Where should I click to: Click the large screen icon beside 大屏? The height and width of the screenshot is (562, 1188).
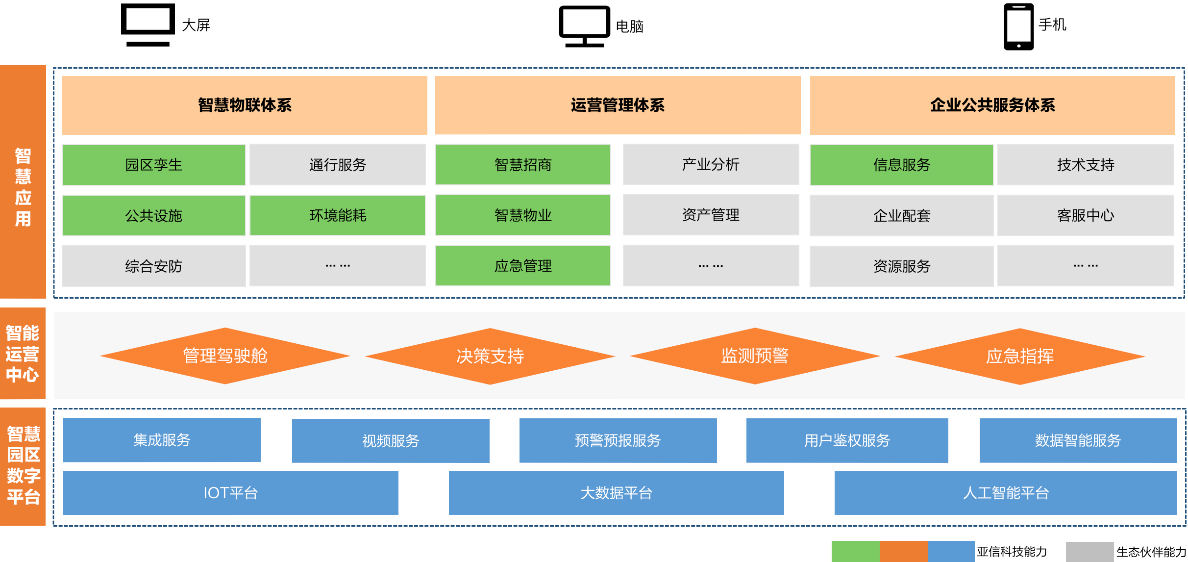click(148, 25)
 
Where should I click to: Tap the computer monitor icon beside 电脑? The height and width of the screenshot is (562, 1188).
click(584, 26)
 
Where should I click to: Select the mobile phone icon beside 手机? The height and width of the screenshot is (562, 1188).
click(1018, 26)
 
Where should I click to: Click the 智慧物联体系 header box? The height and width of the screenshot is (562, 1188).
click(245, 105)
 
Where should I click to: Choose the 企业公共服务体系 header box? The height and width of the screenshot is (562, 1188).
click(992, 105)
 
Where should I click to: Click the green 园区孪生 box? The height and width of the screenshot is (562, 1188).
click(153, 165)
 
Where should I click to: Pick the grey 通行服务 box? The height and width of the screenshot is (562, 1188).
click(338, 165)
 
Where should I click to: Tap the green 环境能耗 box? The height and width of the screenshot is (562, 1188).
click(338, 215)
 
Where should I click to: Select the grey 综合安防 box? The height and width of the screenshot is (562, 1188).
click(153, 266)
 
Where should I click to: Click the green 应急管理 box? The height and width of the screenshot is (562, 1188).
click(523, 266)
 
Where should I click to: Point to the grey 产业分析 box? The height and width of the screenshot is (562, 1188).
click(711, 164)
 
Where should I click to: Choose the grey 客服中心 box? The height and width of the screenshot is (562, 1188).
click(1086, 215)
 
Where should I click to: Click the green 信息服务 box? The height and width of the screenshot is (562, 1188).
click(901, 165)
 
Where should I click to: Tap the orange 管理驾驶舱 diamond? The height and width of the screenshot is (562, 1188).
click(225, 356)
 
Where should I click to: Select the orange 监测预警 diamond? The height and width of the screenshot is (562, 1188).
click(755, 356)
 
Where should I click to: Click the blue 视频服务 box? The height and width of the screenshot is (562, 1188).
click(391, 440)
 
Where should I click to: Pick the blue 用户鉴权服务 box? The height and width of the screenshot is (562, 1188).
click(847, 440)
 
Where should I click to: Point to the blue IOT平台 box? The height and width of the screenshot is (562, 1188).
click(230, 492)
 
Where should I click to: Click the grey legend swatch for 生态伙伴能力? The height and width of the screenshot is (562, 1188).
click(1089, 552)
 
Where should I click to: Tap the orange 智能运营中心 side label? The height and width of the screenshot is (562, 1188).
click(23, 353)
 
